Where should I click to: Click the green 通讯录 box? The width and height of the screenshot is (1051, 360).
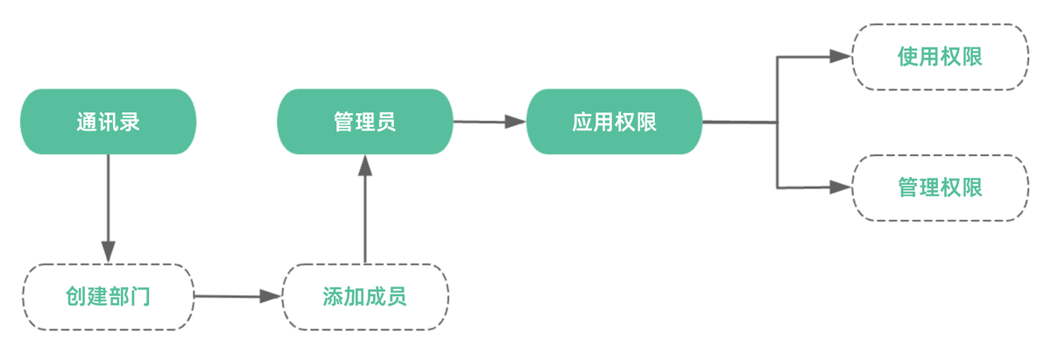pyautogui.click(x=108, y=122)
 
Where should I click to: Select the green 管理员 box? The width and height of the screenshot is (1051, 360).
pyautogui.click(x=364, y=122)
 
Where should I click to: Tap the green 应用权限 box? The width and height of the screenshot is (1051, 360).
pyautogui.click(x=614, y=122)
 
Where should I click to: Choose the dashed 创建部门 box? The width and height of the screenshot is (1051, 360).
pyautogui.click(x=108, y=296)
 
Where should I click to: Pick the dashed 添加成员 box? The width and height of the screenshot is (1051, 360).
pyautogui.click(x=364, y=296)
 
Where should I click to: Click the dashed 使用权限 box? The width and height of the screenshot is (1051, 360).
pyautogui.click(x=940, y=56)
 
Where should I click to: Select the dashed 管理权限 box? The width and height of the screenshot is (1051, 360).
pyautogui.click(x=940, y=187)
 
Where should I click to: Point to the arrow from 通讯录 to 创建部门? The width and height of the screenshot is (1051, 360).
pyautogui.click(x=108, y=201)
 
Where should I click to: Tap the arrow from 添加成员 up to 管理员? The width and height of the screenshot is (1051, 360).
pyautogui.click(x=364, y=215)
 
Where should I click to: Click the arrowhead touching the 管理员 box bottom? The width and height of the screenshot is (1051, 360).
pyautogui.click(x=364, y=166)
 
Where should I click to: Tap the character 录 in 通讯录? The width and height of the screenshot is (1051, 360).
pyautogui.click(x=130, y=122)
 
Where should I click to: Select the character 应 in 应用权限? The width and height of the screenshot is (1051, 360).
pyautogui.click(x=582, y=122)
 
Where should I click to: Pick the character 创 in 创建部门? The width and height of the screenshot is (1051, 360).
pyautogui.click(x=75, y=296)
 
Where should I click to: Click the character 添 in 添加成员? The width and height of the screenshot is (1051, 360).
pyautogui.click(x=332, y=296)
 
